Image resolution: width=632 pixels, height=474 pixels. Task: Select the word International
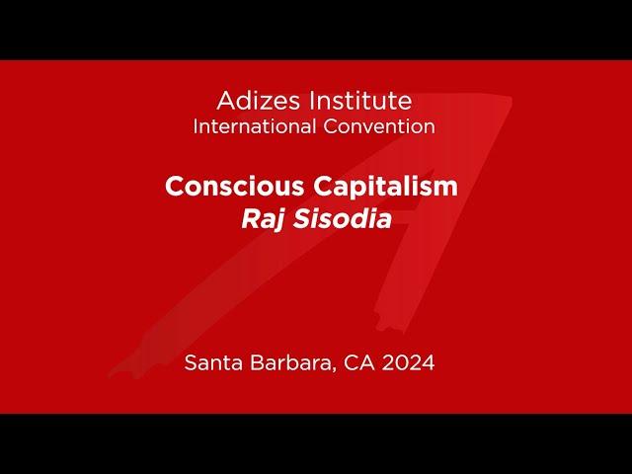click(x=255, y=126)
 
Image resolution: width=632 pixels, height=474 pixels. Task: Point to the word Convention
click(x=379, y=126)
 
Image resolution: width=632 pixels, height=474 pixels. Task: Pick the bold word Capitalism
click(x=385, y=187)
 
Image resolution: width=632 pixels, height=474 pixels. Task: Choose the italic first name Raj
click(x=264, y=220)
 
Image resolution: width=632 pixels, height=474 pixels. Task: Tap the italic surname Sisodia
click(x=343, y=219)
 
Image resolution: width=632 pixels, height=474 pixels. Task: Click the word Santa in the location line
click(x=213, y=362)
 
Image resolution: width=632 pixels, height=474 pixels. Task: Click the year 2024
click(x=408, y=362)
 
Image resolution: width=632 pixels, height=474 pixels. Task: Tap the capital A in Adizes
click(x=226, y=101)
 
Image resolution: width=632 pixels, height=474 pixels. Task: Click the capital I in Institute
click(x=311, y=101)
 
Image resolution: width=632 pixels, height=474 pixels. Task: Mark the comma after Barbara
click(x=334, y=369)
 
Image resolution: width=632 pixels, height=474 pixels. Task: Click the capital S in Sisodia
click(x=301, y=219)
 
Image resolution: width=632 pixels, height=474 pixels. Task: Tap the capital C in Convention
click(x=331, y=126)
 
